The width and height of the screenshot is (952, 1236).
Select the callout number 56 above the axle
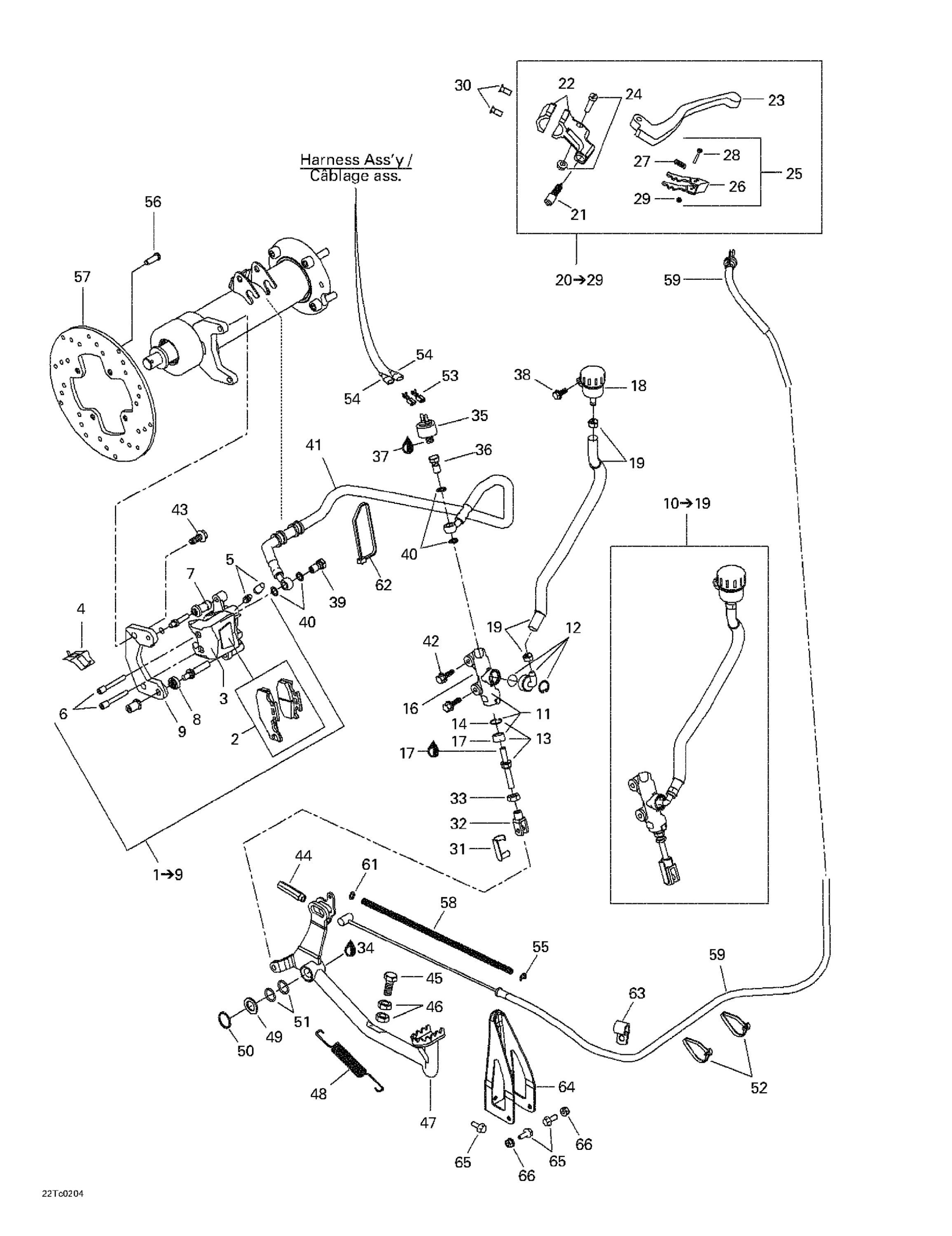point(153,202)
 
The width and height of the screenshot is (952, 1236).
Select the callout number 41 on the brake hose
point(313,445)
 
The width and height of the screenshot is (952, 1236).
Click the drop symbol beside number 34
point(350,948)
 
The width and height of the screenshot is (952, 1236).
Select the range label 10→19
point(687,503)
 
